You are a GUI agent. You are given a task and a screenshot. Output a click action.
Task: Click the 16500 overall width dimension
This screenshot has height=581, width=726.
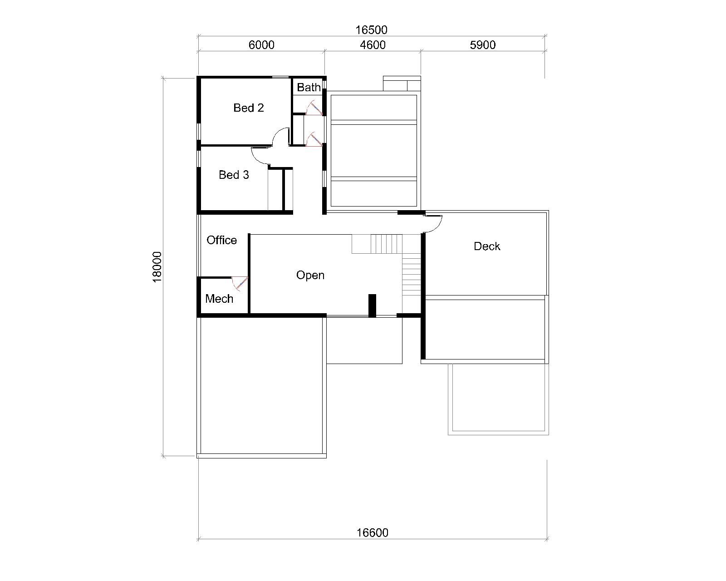click(371, 30)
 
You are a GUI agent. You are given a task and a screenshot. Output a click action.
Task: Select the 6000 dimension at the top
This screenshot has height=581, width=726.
click(261, 45)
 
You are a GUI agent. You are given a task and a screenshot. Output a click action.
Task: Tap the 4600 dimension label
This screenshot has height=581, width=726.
click(373, 45)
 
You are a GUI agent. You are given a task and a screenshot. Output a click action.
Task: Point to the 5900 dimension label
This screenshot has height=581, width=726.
click(483, 45)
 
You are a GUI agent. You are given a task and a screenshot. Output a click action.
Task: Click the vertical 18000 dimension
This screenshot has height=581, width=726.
click(157, 267)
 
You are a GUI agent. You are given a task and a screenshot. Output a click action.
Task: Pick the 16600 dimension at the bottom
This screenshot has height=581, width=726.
click(373, 533)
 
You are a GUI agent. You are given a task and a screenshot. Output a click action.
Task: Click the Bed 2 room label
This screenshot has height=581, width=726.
click(248, 108)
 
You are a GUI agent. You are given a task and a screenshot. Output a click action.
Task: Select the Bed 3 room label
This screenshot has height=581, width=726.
click(234, 175)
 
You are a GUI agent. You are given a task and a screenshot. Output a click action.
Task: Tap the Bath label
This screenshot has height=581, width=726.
click(309, 88)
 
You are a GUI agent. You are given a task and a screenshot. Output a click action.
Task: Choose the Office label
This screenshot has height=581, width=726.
click(221, 240)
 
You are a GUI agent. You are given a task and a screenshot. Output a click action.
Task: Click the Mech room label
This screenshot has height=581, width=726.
click(219, 298)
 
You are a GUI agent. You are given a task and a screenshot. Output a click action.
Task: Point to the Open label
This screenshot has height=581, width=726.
click(310, 275)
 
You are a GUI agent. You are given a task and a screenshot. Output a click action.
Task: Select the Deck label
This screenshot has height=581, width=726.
click(487, 246)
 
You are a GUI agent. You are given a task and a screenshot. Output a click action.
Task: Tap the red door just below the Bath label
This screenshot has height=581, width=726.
click(315, 108)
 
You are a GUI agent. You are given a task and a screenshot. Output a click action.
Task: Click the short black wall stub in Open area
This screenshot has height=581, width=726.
click(372, 305)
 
